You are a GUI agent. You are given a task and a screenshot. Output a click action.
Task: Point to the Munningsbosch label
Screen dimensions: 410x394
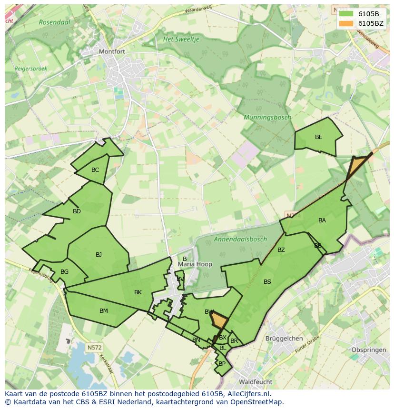pyautogui.click(x=267, y=117)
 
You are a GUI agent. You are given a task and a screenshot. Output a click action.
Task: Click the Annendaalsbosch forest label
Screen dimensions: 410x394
pyautogui.click(x=240, y=239)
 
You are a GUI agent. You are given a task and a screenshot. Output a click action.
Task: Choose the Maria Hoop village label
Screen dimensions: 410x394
pyautogui.click(x=195, y=264)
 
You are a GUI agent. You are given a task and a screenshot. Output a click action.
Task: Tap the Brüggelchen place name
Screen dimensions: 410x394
pyautogui.click(x=284, y=339)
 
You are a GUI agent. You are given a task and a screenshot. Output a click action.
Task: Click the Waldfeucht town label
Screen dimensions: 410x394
pyautogui.click(x=256, y=382)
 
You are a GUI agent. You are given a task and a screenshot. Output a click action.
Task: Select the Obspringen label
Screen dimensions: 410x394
pyautogui.click(x=368, y=350)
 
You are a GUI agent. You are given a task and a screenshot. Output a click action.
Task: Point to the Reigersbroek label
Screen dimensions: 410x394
pyautogui.click(x=31, y=69)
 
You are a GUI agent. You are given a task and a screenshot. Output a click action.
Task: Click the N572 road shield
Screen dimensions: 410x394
pyautogui.click(x=94, y=348)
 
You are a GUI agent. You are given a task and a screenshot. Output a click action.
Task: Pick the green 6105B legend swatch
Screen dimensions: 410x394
pyautogui.click(x=345, y=14)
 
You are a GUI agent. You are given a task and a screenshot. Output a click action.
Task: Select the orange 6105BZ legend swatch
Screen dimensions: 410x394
pyautogui.click(x=345, y=23)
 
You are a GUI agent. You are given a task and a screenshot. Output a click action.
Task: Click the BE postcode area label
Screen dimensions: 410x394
pyautogui.click(x=319, y=137)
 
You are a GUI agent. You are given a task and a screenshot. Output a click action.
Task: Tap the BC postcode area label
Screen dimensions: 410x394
pyautogui.click(x=95, y=170)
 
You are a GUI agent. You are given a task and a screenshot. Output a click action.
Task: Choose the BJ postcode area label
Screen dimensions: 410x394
pyautogui.click(x=98, y=255)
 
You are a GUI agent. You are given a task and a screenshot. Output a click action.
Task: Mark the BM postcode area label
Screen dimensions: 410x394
pyautogui.click(x=103, y=311)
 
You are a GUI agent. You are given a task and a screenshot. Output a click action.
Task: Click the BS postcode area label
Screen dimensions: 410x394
pyautogui.click(x=267, y=282)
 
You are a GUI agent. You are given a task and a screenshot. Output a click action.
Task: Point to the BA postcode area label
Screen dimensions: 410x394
pyautogui.click(x=322, y=220)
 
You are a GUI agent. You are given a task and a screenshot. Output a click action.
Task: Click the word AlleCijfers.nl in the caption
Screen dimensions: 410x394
pyautogui.click(x=248, y=394)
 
